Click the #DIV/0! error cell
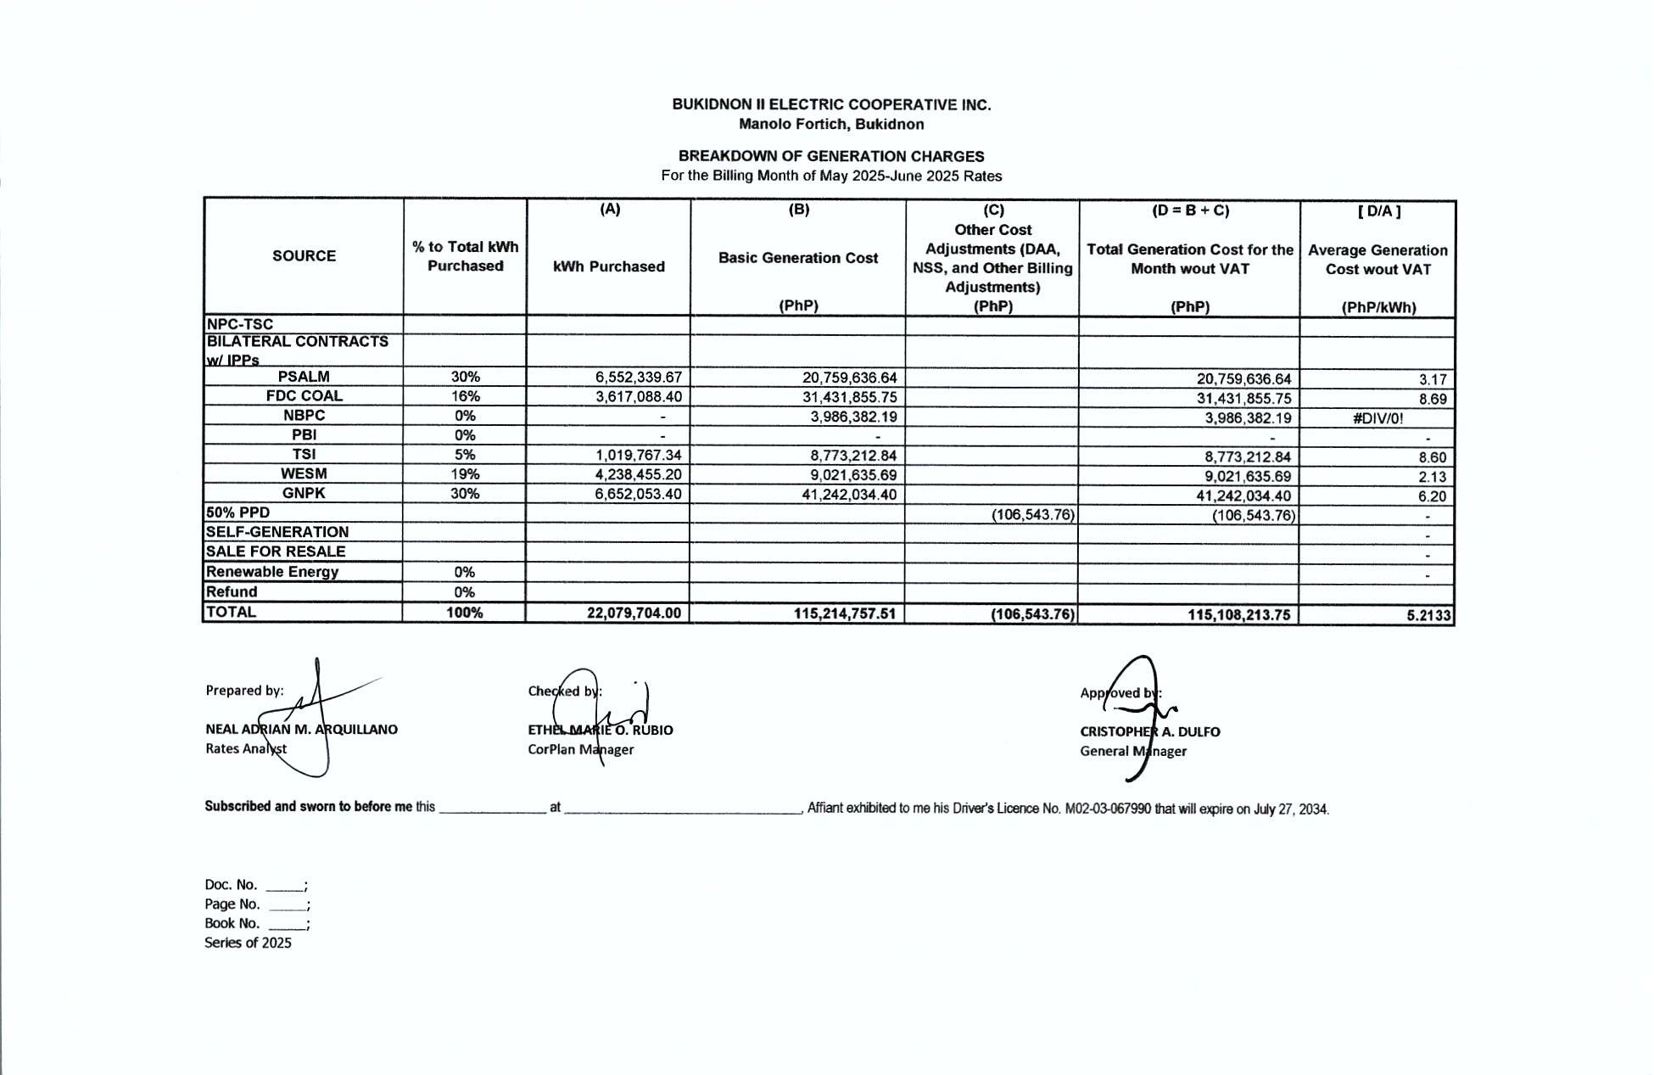tap(1377, 418)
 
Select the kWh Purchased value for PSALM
tap(638, 378)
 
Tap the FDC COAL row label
tap(304, 396)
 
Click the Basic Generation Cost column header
tap(797, 258)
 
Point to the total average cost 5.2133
tap(1428, 615)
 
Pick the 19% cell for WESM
tap(465, 474)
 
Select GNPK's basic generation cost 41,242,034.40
tap(849, 495)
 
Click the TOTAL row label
tap(231, 612)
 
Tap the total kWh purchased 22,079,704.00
tap(634, 613)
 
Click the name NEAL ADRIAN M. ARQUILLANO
tap(301, 730)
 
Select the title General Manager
tap(1132, 751)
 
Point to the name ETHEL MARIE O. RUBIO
tap(600, 730)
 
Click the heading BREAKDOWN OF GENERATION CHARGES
tap(830, 156)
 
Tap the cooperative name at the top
tap(830, 105)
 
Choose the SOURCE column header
tap(304, 256)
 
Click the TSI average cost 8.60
tap(1432, 457)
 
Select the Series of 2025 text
tap(248, 943)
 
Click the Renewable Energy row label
tap(271, 572)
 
